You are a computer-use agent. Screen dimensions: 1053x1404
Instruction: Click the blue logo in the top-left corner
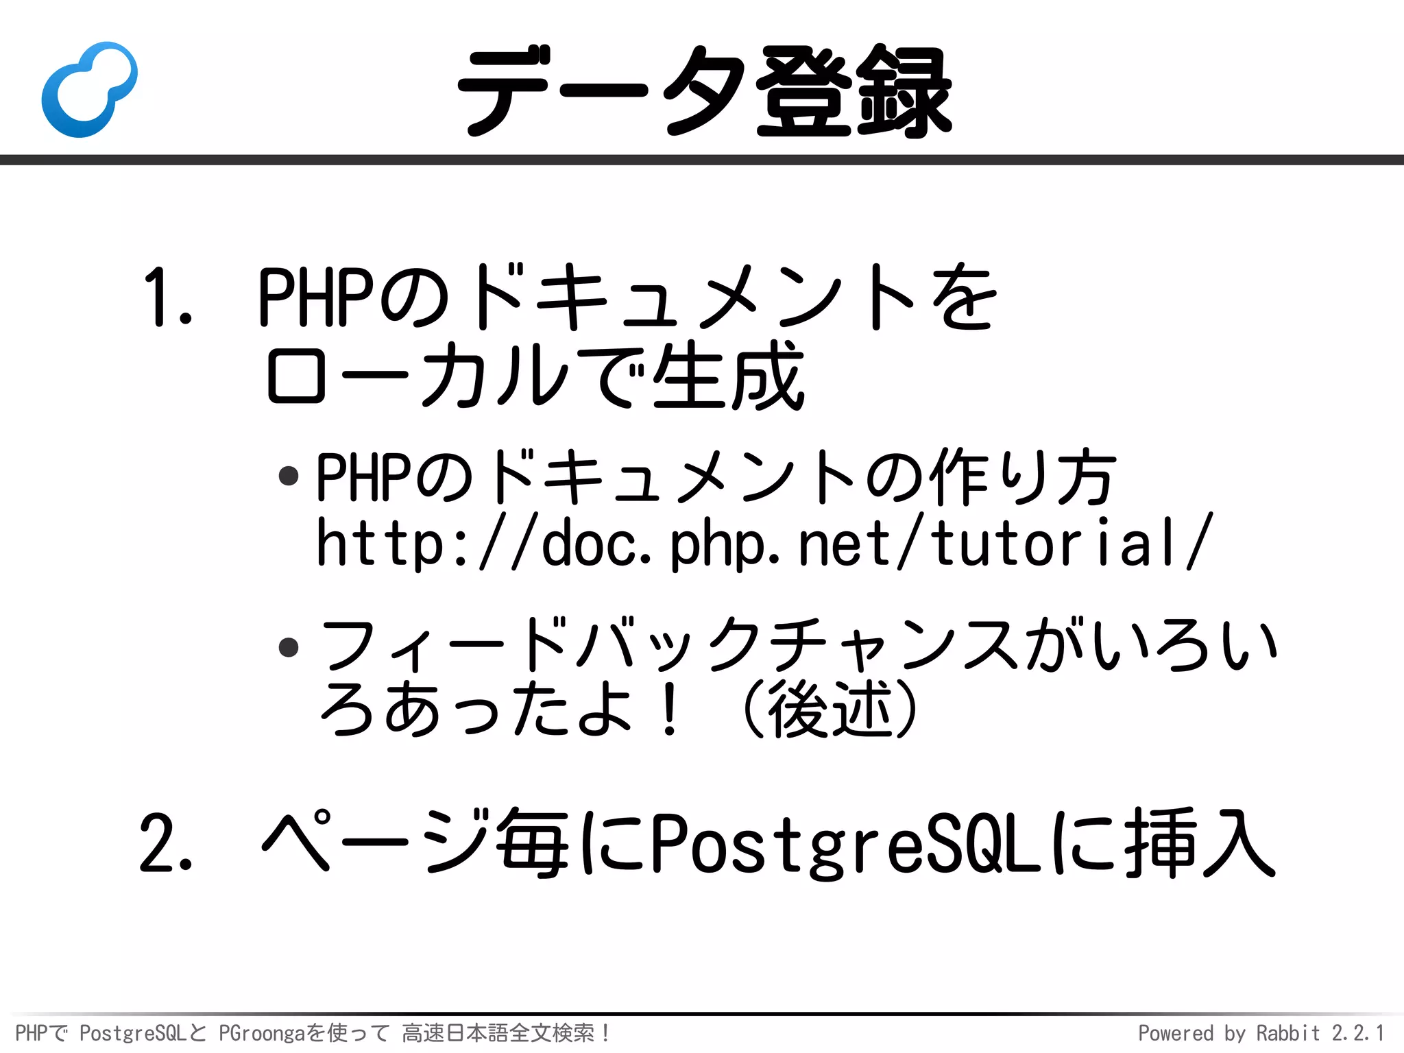(89, 89)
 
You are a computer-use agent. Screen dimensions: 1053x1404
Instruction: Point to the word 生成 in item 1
(728, 375)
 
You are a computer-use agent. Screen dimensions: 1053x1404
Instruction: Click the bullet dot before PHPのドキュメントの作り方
(289, 476)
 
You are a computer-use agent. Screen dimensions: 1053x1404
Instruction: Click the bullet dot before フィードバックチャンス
(289, 646)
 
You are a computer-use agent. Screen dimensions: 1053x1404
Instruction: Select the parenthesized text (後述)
(830, 709)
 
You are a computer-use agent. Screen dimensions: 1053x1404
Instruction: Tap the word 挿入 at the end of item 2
(1200, 843)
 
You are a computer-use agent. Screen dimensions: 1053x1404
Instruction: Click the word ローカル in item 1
(418, 375)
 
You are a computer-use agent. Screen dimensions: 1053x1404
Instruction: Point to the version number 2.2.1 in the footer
(1357, 1032)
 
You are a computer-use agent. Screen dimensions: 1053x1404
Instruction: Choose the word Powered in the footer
(1176, 1032)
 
